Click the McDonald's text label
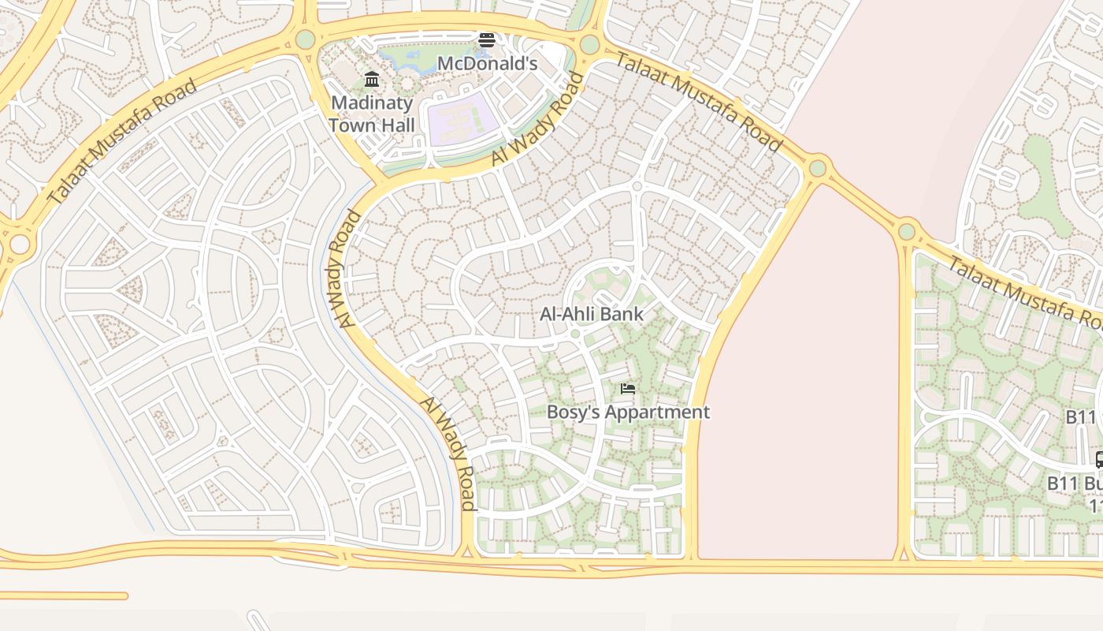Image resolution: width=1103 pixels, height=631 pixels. (x=487, y=63)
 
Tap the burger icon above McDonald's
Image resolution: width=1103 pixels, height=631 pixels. (x=487, y=40)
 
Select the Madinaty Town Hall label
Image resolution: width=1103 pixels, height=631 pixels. (x=371, y=114)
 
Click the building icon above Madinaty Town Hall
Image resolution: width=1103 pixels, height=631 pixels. (x=372, y=80)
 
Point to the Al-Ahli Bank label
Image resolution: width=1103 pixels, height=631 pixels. (x=592, y=314)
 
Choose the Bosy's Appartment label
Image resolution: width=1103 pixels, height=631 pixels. (x=628, y=412)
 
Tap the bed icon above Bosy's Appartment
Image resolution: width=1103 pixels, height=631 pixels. (x=628, y=389)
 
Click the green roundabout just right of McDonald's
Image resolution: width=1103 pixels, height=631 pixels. (x=589, y=44)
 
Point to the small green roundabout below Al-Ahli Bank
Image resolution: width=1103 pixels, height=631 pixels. (x=575, y=334)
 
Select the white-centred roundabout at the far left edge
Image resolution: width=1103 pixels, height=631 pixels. (x=19, y=245)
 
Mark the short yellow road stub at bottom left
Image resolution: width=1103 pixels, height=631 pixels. (x=63, y=596)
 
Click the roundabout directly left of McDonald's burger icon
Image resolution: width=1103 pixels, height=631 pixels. (x=305, y=39)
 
